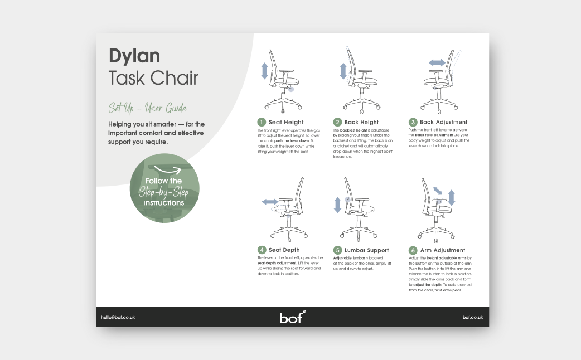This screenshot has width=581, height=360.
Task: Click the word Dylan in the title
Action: [x=134, y=56]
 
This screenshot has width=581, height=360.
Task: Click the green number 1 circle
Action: [x=261, y=122]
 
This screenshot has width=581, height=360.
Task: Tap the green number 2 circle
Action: [x=337, y=122]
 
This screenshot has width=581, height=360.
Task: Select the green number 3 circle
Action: [x=413, y=122]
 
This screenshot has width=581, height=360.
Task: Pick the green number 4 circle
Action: [x=261, y=250]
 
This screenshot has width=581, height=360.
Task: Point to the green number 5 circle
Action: [x=337, y=250]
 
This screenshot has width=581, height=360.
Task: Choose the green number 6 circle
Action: [x=413, y=250]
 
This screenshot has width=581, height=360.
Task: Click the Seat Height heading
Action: [x=286, y=122]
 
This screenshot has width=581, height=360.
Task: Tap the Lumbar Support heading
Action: [x=366, y=250]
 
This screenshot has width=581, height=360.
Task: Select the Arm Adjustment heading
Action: [x=442, y=250]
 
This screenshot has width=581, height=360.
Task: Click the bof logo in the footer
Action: [x=292, y=317]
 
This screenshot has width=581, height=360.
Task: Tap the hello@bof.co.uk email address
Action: [x=118, y=317]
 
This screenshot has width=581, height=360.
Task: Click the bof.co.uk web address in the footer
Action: [x=472, y=317]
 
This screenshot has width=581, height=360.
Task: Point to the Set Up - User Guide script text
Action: [x=147, y=108]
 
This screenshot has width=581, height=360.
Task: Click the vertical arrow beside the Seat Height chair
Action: [x=265, y=71]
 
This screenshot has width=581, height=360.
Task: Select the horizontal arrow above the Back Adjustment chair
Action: [x=437, y=62]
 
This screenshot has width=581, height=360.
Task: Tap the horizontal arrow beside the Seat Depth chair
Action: [x=270, y=202]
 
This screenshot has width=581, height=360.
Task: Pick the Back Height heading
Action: [x=361, y=122]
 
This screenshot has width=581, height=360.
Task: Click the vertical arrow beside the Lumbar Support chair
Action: [x=337, y=205]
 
